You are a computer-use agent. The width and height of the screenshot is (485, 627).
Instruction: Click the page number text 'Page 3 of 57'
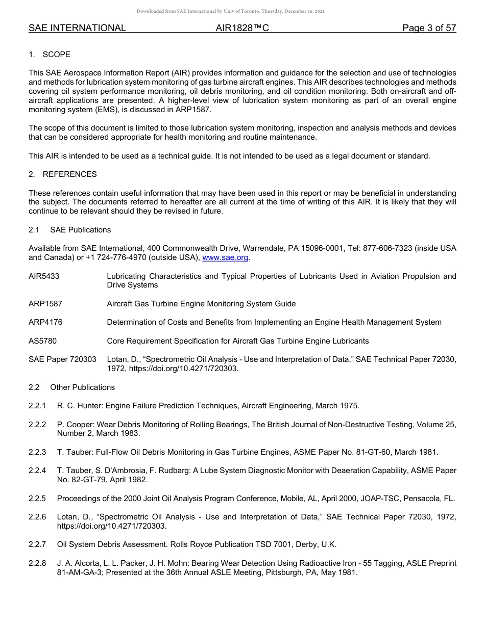(x=429, y=29)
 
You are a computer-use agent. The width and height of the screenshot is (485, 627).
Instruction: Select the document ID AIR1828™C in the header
(x=242, y=29)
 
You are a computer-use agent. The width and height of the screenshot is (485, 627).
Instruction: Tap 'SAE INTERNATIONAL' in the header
(x=77, y=29)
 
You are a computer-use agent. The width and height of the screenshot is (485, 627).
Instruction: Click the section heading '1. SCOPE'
(x=50, y=55)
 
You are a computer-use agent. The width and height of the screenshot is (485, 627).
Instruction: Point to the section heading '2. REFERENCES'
(x=62, y=174)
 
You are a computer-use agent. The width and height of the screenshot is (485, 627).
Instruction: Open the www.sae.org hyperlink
(x=225, y=258)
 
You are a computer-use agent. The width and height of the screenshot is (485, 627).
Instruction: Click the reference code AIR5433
(x=44, y=276)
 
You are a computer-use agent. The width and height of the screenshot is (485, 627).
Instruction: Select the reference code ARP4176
(x=45, y=322)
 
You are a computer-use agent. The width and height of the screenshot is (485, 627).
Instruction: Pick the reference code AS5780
(x=42, y=341)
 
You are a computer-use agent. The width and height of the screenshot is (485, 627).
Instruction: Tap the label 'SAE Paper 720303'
(x=62, y=359)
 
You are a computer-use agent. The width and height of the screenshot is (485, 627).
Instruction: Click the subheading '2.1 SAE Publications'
(x=69, y=230)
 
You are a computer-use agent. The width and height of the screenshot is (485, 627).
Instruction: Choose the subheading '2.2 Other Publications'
(x=71, y=387)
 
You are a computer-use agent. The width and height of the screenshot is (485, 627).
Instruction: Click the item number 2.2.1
(x=37, y=406)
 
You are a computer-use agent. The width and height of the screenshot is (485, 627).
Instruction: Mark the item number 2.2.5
(x=37, y=499)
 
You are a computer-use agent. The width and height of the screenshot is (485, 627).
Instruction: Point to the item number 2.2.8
(x=37, y=563)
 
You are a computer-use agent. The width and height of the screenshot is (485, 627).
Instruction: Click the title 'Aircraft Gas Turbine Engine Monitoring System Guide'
(x=201, y=304)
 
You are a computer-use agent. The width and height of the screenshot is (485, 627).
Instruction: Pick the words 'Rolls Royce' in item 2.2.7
(x=184, y=544)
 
